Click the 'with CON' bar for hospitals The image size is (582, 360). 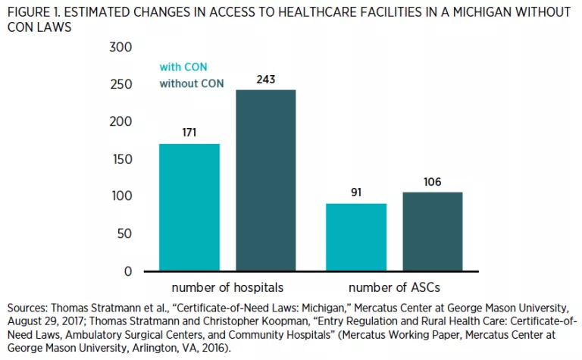click(x=189, y=207)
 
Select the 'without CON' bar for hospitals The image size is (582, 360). click(x=264, y=180)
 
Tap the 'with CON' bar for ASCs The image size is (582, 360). click(x=355, y=236)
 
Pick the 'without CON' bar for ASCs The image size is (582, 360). click(x=432, y=231)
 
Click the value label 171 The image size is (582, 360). click(x=189, y=133)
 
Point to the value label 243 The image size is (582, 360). click(x=264, y=79)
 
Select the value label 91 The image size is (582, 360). click(x=355, y=193)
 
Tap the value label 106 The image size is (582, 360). click(x=432, y=182)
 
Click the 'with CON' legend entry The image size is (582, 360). click(x=183, y=67)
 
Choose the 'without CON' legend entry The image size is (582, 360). click(x=191, y=83)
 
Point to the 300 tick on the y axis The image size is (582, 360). click(x=122, y=47)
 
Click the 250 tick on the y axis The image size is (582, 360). click(x=122, y=84)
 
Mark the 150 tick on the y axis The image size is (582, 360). click(x=122, y=159)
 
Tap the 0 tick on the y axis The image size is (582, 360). click(x=128, y=271)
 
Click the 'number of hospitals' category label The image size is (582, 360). click(x=226, y=288)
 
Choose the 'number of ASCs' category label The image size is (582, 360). click(x=393, y=288)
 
